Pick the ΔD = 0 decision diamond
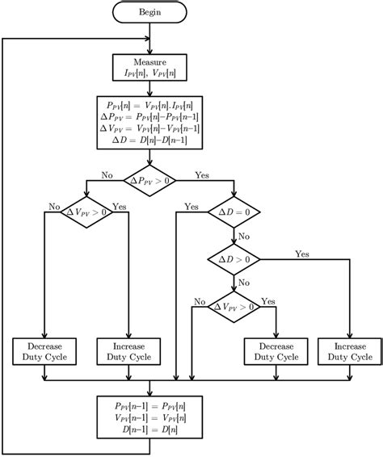click(x=234, y=212)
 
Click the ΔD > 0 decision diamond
click(x=234, y=259)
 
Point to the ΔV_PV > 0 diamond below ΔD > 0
click(x=234, y=307)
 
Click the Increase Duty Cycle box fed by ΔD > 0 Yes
click(x=349, y=351)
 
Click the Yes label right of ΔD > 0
click(x=302, y=254)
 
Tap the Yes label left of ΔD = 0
click(x=191, y=207)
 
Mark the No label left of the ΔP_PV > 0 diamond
click(x=107, y=174)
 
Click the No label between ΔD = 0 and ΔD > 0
click(x=244, y=237)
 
